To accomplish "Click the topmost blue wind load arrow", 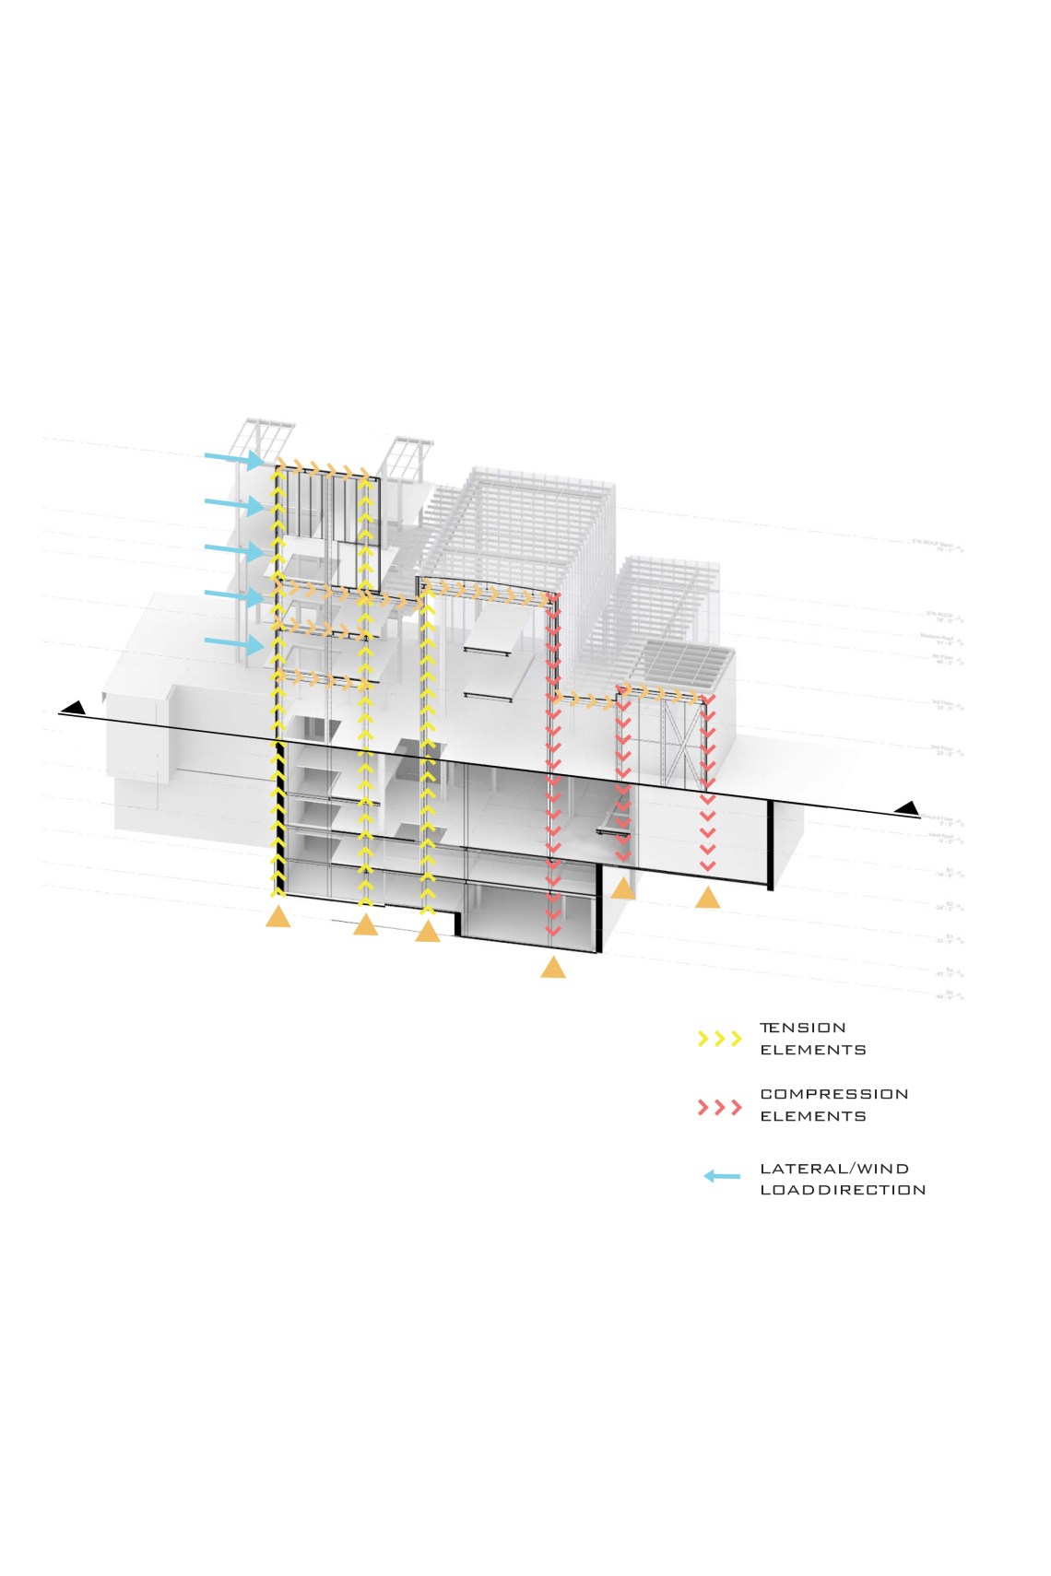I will (235, 458).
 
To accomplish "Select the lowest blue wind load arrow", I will (235, 641).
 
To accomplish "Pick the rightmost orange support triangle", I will (707, 897).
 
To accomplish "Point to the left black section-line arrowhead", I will (75, 709).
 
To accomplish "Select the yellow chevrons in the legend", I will (720, 1039).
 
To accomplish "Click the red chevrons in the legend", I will (720, 1107).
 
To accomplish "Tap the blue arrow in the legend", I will (722, 1176).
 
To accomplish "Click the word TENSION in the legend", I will (802, 1028).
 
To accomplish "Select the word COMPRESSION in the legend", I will (834, 1094).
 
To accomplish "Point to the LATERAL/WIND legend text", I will (834, 1169).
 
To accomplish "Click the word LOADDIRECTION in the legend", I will (843, 1190).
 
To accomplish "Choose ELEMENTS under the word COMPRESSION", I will (813, 1116).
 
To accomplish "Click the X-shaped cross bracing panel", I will (683, 743).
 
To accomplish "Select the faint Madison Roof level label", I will (942, 638).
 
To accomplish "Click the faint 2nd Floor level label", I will (945, 750).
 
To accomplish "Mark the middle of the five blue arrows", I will (235, 550).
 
